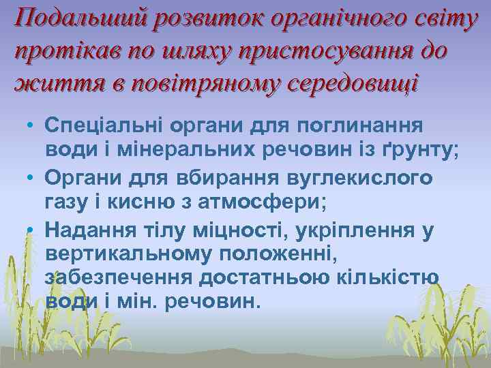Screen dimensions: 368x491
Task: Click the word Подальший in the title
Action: point(80,20)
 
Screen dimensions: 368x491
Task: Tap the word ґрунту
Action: point(419,152)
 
